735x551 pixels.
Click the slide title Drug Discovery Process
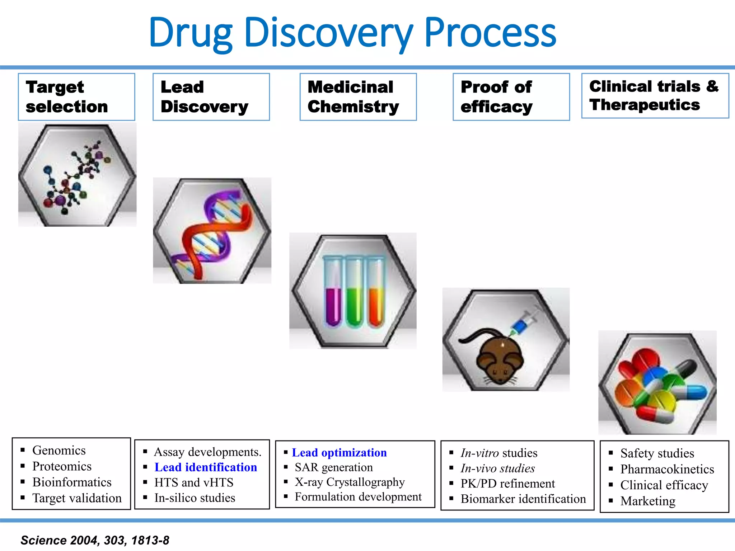coord(352,33)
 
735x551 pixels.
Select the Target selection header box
coord(76,97)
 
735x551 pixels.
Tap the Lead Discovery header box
coord(211,97)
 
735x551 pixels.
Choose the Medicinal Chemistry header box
coord(358,97)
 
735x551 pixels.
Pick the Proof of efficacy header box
coord(511,97)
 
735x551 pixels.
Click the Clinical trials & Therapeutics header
coord(655,96)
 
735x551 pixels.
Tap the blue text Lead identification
coord(206,467)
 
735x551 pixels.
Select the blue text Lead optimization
coord(339,453)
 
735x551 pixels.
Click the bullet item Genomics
coord(59,451)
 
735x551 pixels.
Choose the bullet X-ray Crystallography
coord(350,482)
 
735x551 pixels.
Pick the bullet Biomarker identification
coord(523,499)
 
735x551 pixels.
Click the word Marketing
coord(648,501)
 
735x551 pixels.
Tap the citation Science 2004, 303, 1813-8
coord(95,540)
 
